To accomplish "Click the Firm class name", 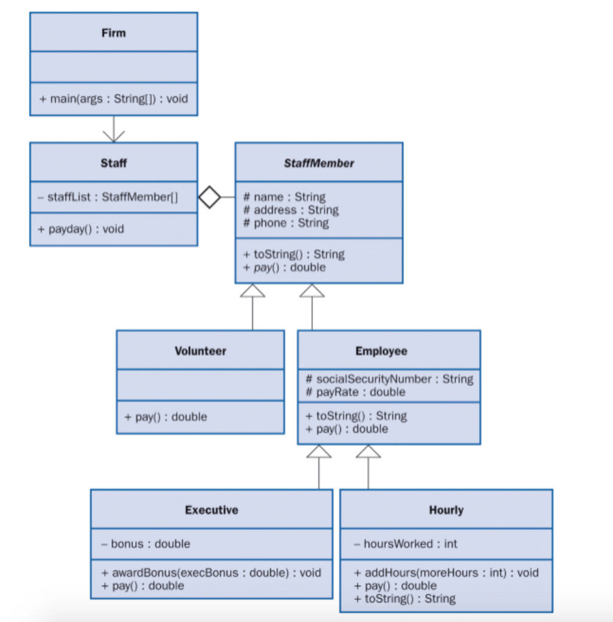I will pos(114,32).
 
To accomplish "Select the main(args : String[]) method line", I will pos(114,98).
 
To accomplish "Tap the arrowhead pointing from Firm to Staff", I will pos(114,135).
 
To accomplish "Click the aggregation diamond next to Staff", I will pos(210,197).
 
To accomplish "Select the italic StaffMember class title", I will pos(319,163).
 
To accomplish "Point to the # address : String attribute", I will pos(291,210).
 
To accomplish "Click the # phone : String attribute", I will pos(286,223).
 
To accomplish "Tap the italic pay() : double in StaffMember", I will pos(284,267).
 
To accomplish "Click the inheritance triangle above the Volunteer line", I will pos(252,291).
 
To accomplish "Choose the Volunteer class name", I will pos(200,351).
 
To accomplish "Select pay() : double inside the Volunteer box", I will pos(165,417).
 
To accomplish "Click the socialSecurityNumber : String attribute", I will pos(389,379).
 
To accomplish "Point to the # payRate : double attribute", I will pos(355,392).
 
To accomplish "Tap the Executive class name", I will pos(212,510).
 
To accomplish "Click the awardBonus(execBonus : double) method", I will pos(211,573).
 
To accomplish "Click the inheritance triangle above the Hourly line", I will pos(368,451).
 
